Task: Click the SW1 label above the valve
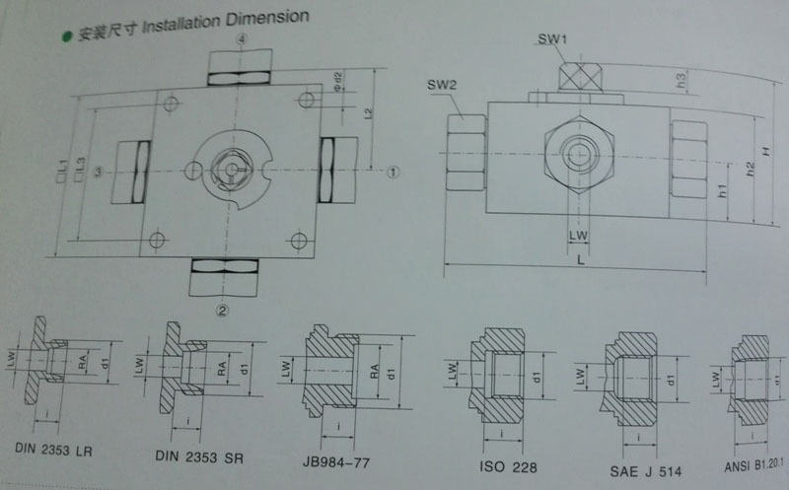551,40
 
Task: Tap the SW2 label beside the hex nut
441,86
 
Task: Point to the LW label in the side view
578,235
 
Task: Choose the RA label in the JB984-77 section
376,372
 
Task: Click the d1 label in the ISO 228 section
537,376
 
